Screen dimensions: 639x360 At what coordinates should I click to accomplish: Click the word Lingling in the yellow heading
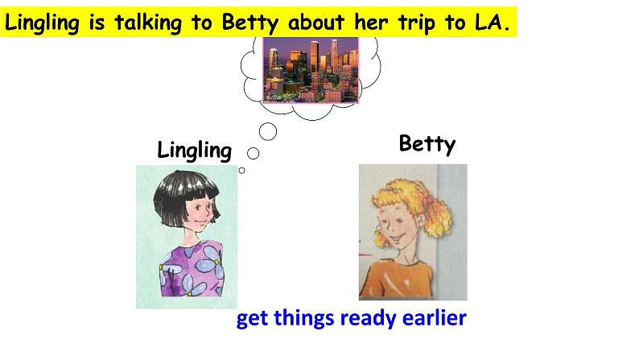(x=42, y=23)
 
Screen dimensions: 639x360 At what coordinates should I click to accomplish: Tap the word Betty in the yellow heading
(x=249, y=22)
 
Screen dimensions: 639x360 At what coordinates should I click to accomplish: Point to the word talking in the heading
(x=147, y=23)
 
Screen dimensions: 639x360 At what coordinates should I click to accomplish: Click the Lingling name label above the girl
(x=195, y=151)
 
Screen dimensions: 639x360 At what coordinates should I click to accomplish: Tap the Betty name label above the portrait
(x=427, y=144)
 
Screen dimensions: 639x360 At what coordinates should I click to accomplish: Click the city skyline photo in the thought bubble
(x=311, y=70)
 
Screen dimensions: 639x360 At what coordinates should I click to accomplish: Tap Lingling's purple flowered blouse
(x=192, y=269)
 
